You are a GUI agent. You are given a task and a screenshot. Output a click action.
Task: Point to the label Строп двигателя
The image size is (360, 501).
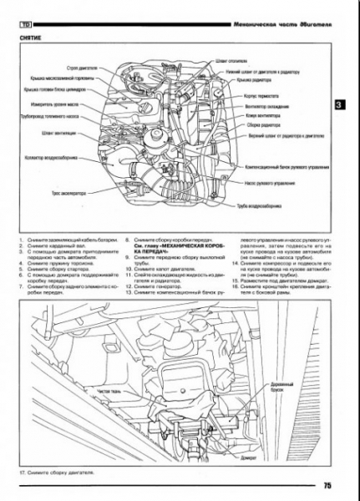click(89, 67)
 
